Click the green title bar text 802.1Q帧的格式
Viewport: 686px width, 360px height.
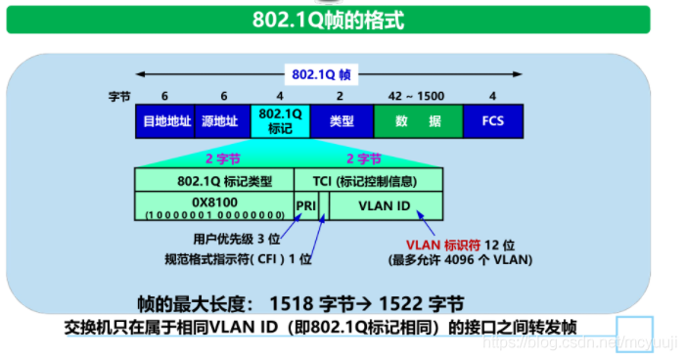pos(343,20)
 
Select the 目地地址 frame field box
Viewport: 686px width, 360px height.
pos(164,121)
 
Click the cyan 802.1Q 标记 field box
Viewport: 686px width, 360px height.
pos(280,121)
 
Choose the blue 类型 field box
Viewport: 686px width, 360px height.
pos(341,121)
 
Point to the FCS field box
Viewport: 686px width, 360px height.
pos(492,121)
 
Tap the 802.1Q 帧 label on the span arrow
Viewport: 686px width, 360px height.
pos(314,73)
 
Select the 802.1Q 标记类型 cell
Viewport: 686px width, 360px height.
pos(214,180)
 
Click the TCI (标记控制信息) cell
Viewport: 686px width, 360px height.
pos(368,180)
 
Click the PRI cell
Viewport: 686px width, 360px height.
pos(305,205)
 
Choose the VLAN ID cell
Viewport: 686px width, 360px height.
pos(385,205)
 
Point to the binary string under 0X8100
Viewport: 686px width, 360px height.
pos(214,213)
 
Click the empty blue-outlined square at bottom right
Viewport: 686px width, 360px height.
pos(633,334)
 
